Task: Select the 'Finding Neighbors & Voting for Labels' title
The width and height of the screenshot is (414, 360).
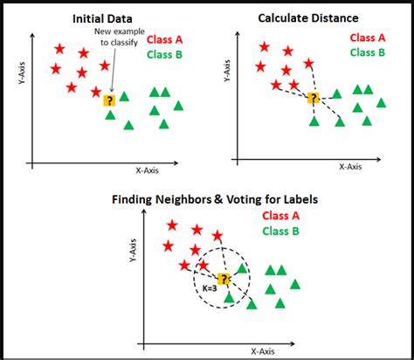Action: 215,199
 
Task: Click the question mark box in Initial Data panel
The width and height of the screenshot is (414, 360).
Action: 109,100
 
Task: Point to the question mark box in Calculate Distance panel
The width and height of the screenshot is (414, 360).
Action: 314,99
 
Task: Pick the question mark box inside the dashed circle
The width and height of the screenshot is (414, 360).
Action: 224,279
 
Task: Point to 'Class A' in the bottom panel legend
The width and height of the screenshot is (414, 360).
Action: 280,216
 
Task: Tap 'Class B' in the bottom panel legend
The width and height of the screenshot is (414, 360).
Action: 280,232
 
